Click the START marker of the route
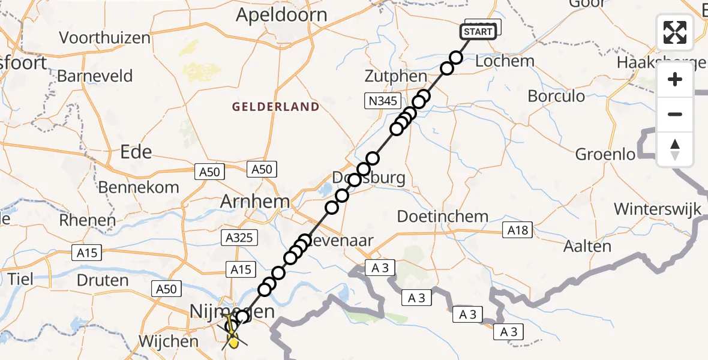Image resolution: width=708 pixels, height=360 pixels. pos(478,31)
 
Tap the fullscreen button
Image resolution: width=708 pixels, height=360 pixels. pos(675,32)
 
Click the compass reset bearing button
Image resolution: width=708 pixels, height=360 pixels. pos(675,149)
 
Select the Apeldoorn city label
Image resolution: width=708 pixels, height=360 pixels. pos(282,15)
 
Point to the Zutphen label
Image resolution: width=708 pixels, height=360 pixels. pos(396,77)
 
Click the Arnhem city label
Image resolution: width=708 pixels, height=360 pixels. pos(255,201)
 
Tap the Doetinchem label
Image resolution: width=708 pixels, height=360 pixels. pos(443,216)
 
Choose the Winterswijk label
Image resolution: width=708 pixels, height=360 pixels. pos(658,209)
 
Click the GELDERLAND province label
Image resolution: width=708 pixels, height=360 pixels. pos(276,107)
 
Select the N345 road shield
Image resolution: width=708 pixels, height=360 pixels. pos(383,101)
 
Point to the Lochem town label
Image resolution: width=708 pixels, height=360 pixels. pos(504,61)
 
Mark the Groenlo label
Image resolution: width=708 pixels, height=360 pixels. pos(605,154)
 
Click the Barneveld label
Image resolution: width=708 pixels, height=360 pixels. pos(95,76)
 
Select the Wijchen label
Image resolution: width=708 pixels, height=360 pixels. pos(168,341)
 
